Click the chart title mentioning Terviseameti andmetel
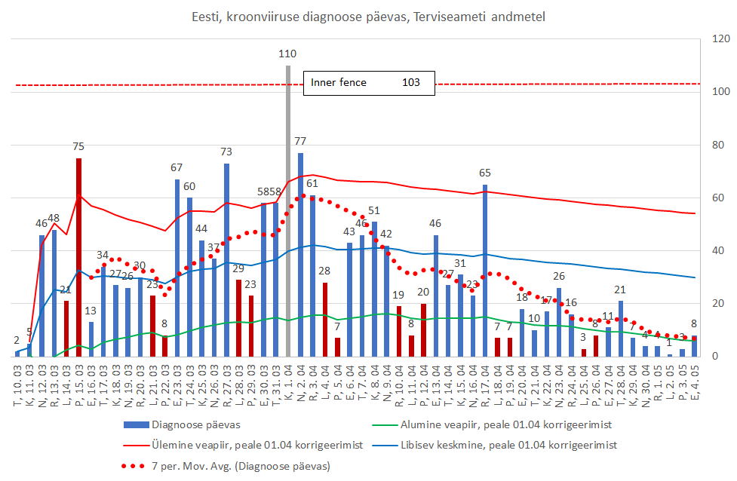(x=368, y=15)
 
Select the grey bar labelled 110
(x=288, y=211)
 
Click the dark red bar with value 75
(x=78, y=256)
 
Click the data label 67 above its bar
(x=177, y=167)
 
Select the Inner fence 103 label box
(x=369, y=82)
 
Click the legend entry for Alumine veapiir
(x=488, y=424)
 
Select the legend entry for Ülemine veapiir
(x=254, y=446)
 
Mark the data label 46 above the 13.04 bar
(x=436, y=223)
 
